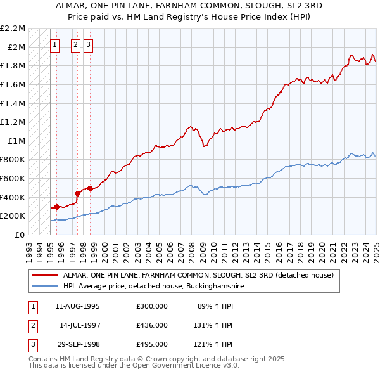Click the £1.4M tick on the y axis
[13, 103]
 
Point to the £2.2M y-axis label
[13, 29]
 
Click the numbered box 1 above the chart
[55, 44]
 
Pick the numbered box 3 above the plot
[87, 44]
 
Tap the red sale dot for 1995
[56, 206]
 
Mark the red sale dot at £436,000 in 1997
[77, 193]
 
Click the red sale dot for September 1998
[90, 188]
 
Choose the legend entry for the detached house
[202, 276]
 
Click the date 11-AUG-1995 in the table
[79, 306]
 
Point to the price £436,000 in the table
[152, 325]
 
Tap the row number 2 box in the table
[32, 325]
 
